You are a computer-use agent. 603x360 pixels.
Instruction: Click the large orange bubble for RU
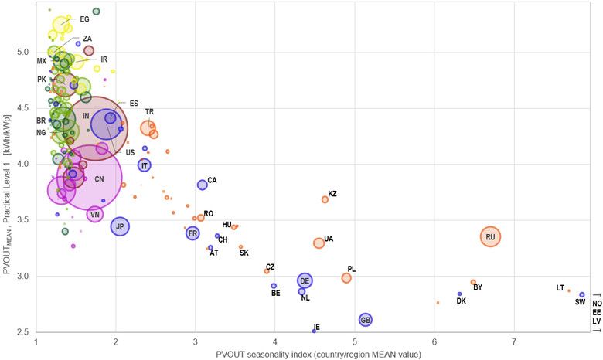(x=490, y=236)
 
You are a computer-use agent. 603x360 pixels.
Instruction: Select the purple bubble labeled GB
(x=366, y=320)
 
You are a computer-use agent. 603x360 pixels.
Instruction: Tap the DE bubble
(x=305, y=280)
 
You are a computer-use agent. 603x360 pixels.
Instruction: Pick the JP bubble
(x=120, y=226)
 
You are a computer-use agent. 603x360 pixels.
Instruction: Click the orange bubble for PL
(x=346, y=278)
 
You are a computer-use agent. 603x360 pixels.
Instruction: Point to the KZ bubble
(x=325, y=199)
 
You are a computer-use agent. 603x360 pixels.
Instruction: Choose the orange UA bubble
(x=319, y=243)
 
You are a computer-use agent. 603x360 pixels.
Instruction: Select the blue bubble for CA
(x=203, y=185)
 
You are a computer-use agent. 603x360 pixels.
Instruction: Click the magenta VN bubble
(x=94, y=214)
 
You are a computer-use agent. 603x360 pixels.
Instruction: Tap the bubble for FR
(x=192, y=233)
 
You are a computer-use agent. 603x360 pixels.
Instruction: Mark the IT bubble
(x=145, y=165)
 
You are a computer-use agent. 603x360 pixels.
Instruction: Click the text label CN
(x=99, y=179)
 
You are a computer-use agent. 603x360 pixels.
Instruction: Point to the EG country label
(x=84, y=19)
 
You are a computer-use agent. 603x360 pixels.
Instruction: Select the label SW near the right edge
(x=580, y=302)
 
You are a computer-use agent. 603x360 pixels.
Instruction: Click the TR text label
(x=149, y=112)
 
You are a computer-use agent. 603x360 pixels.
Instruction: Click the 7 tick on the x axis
(x=513, y=342)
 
